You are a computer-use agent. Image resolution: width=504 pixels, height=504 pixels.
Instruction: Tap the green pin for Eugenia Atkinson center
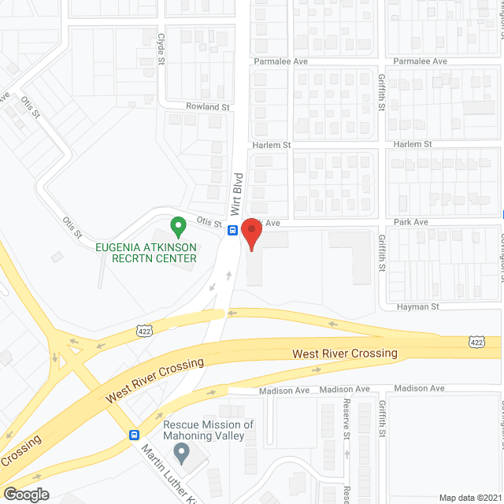coord(178,228)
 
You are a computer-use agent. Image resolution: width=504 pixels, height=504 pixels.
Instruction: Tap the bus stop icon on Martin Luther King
coord(134,434)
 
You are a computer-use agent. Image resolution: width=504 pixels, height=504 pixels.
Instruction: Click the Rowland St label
coord(207,107)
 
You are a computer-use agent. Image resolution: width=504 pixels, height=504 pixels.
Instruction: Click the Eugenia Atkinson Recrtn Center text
coord(146,252)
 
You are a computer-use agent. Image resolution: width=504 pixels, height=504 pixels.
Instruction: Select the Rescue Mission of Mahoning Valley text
coord(209,430)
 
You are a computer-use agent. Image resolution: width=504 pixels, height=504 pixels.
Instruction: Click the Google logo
coord(25,495)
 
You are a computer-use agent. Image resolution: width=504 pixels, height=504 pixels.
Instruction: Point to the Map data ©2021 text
coord(469,497)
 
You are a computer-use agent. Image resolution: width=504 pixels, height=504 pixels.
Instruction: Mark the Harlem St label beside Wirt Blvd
coord(272,145)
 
